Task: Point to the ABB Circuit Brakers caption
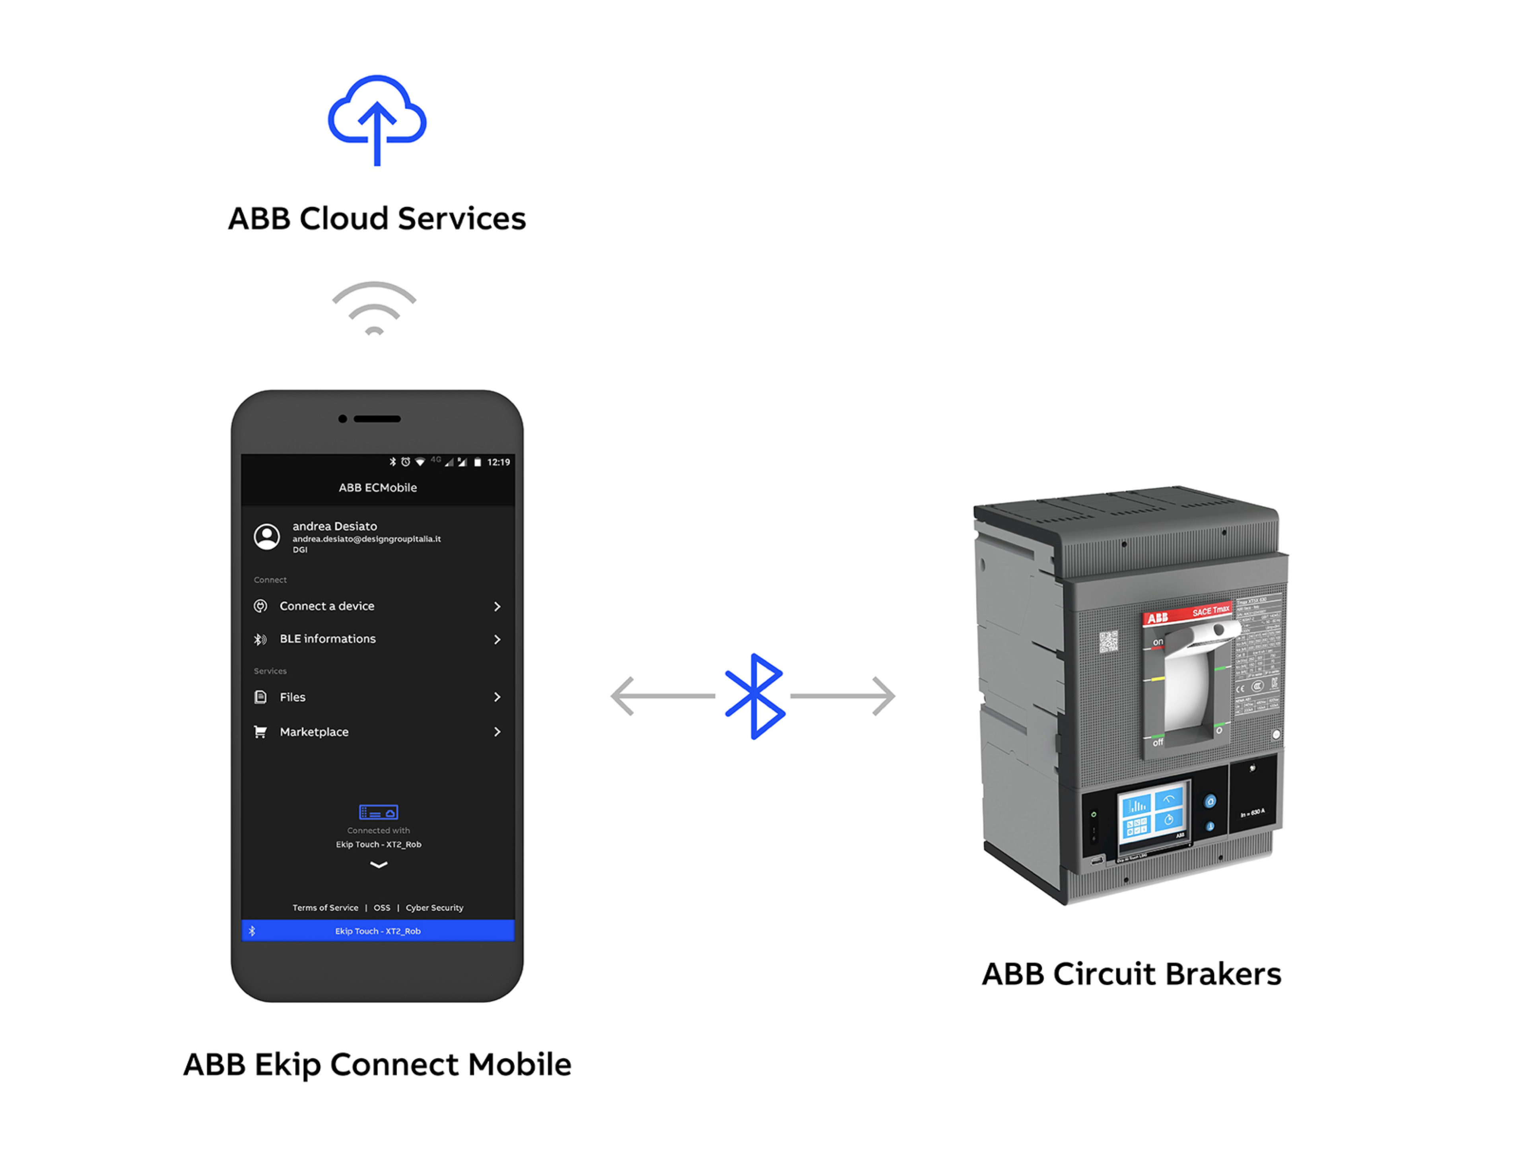click(x=1131, y=974)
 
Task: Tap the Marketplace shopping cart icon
click(x=260, y=732)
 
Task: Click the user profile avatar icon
click(x=266, y=536)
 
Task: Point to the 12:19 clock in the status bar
click(x=498, y=462)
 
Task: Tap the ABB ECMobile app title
click(x=378, y=487)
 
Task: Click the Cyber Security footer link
click(x=434, y=907)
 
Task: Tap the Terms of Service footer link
click(x=325, y=907)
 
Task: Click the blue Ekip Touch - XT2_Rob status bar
click(x=378, y=931)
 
